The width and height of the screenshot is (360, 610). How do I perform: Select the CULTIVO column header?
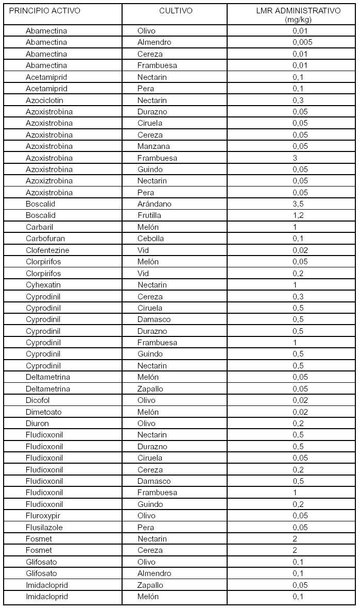point(176,11)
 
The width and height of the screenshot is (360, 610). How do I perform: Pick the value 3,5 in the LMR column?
point(298,204)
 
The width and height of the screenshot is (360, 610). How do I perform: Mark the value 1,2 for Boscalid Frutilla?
point(298,215)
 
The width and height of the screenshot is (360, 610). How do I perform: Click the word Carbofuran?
point(45,239)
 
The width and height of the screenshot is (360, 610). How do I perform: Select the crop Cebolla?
point(150,239)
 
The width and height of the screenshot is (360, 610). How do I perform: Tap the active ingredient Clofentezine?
point(47,250)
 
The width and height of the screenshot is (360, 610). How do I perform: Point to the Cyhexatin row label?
point(44,285)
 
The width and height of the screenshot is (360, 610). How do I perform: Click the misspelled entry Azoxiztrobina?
point(49,181)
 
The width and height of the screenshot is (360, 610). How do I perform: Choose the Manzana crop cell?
point(153,146)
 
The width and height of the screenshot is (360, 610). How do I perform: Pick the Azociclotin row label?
point(45,100)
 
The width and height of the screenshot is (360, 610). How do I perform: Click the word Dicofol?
point(38,400)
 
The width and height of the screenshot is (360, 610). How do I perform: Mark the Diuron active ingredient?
point(37,423)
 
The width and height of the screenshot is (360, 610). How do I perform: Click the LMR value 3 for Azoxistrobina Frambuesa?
point(295,158)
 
